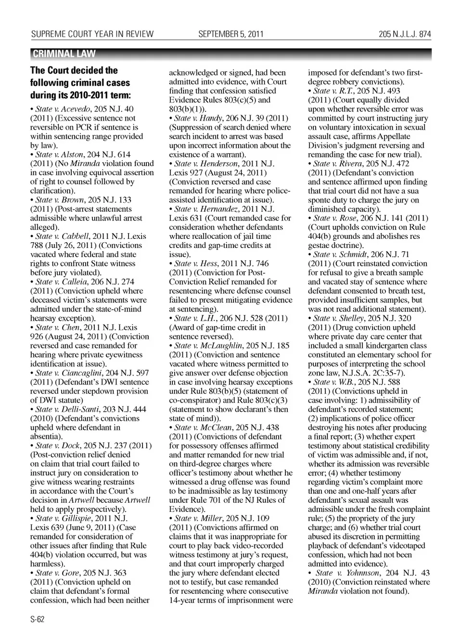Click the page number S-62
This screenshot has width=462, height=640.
pos(38,619)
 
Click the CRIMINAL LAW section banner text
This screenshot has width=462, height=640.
pos(64,54)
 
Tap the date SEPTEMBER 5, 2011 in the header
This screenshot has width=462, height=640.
pos(231,34)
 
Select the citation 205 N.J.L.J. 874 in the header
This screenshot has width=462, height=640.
pos(405,34)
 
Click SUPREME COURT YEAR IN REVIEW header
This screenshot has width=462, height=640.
pos(92,34)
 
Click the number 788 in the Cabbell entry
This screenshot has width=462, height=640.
pos(38,245)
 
